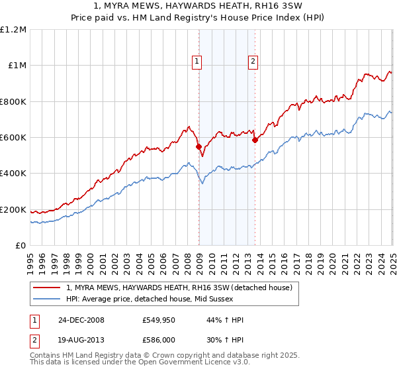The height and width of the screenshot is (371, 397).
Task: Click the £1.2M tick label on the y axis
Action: (x=14, y=30)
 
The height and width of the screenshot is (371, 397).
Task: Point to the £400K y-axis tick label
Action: (x=13, y=174)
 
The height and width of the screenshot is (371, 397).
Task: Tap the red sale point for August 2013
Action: (x=255, y=140)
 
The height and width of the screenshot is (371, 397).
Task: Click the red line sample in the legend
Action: (x=47, y=287)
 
